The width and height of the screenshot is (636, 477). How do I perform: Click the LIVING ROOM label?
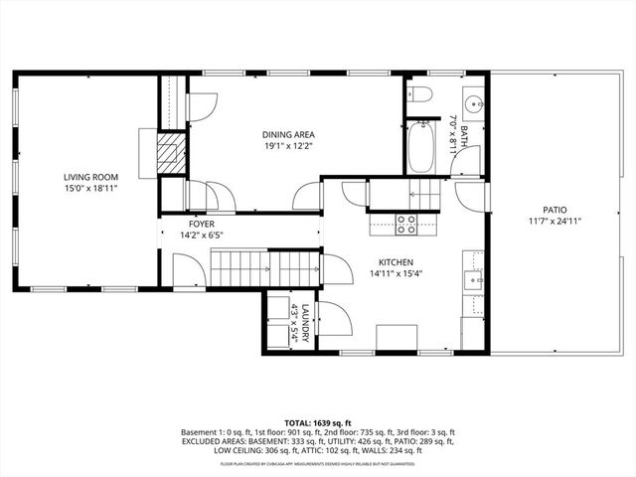click(x=83, y=176)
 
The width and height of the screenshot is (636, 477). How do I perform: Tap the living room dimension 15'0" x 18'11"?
click(x=83, y=187)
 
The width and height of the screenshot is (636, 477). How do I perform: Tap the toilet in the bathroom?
click(x=420, y=96)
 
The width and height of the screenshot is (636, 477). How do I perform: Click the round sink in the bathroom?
click(x=472, y=102)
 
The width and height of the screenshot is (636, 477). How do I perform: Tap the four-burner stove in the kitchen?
click(x=406, y=225)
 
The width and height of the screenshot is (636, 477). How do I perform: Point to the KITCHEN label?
click(x=395, y=262)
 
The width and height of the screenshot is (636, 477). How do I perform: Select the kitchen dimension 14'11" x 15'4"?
click(x=395, y=273)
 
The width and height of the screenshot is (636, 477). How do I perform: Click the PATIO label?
click(x=555, y=210)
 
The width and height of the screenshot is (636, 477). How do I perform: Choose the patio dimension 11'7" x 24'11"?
click(x=555, y=221)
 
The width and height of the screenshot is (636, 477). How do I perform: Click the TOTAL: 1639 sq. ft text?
click(x=318, y=422)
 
